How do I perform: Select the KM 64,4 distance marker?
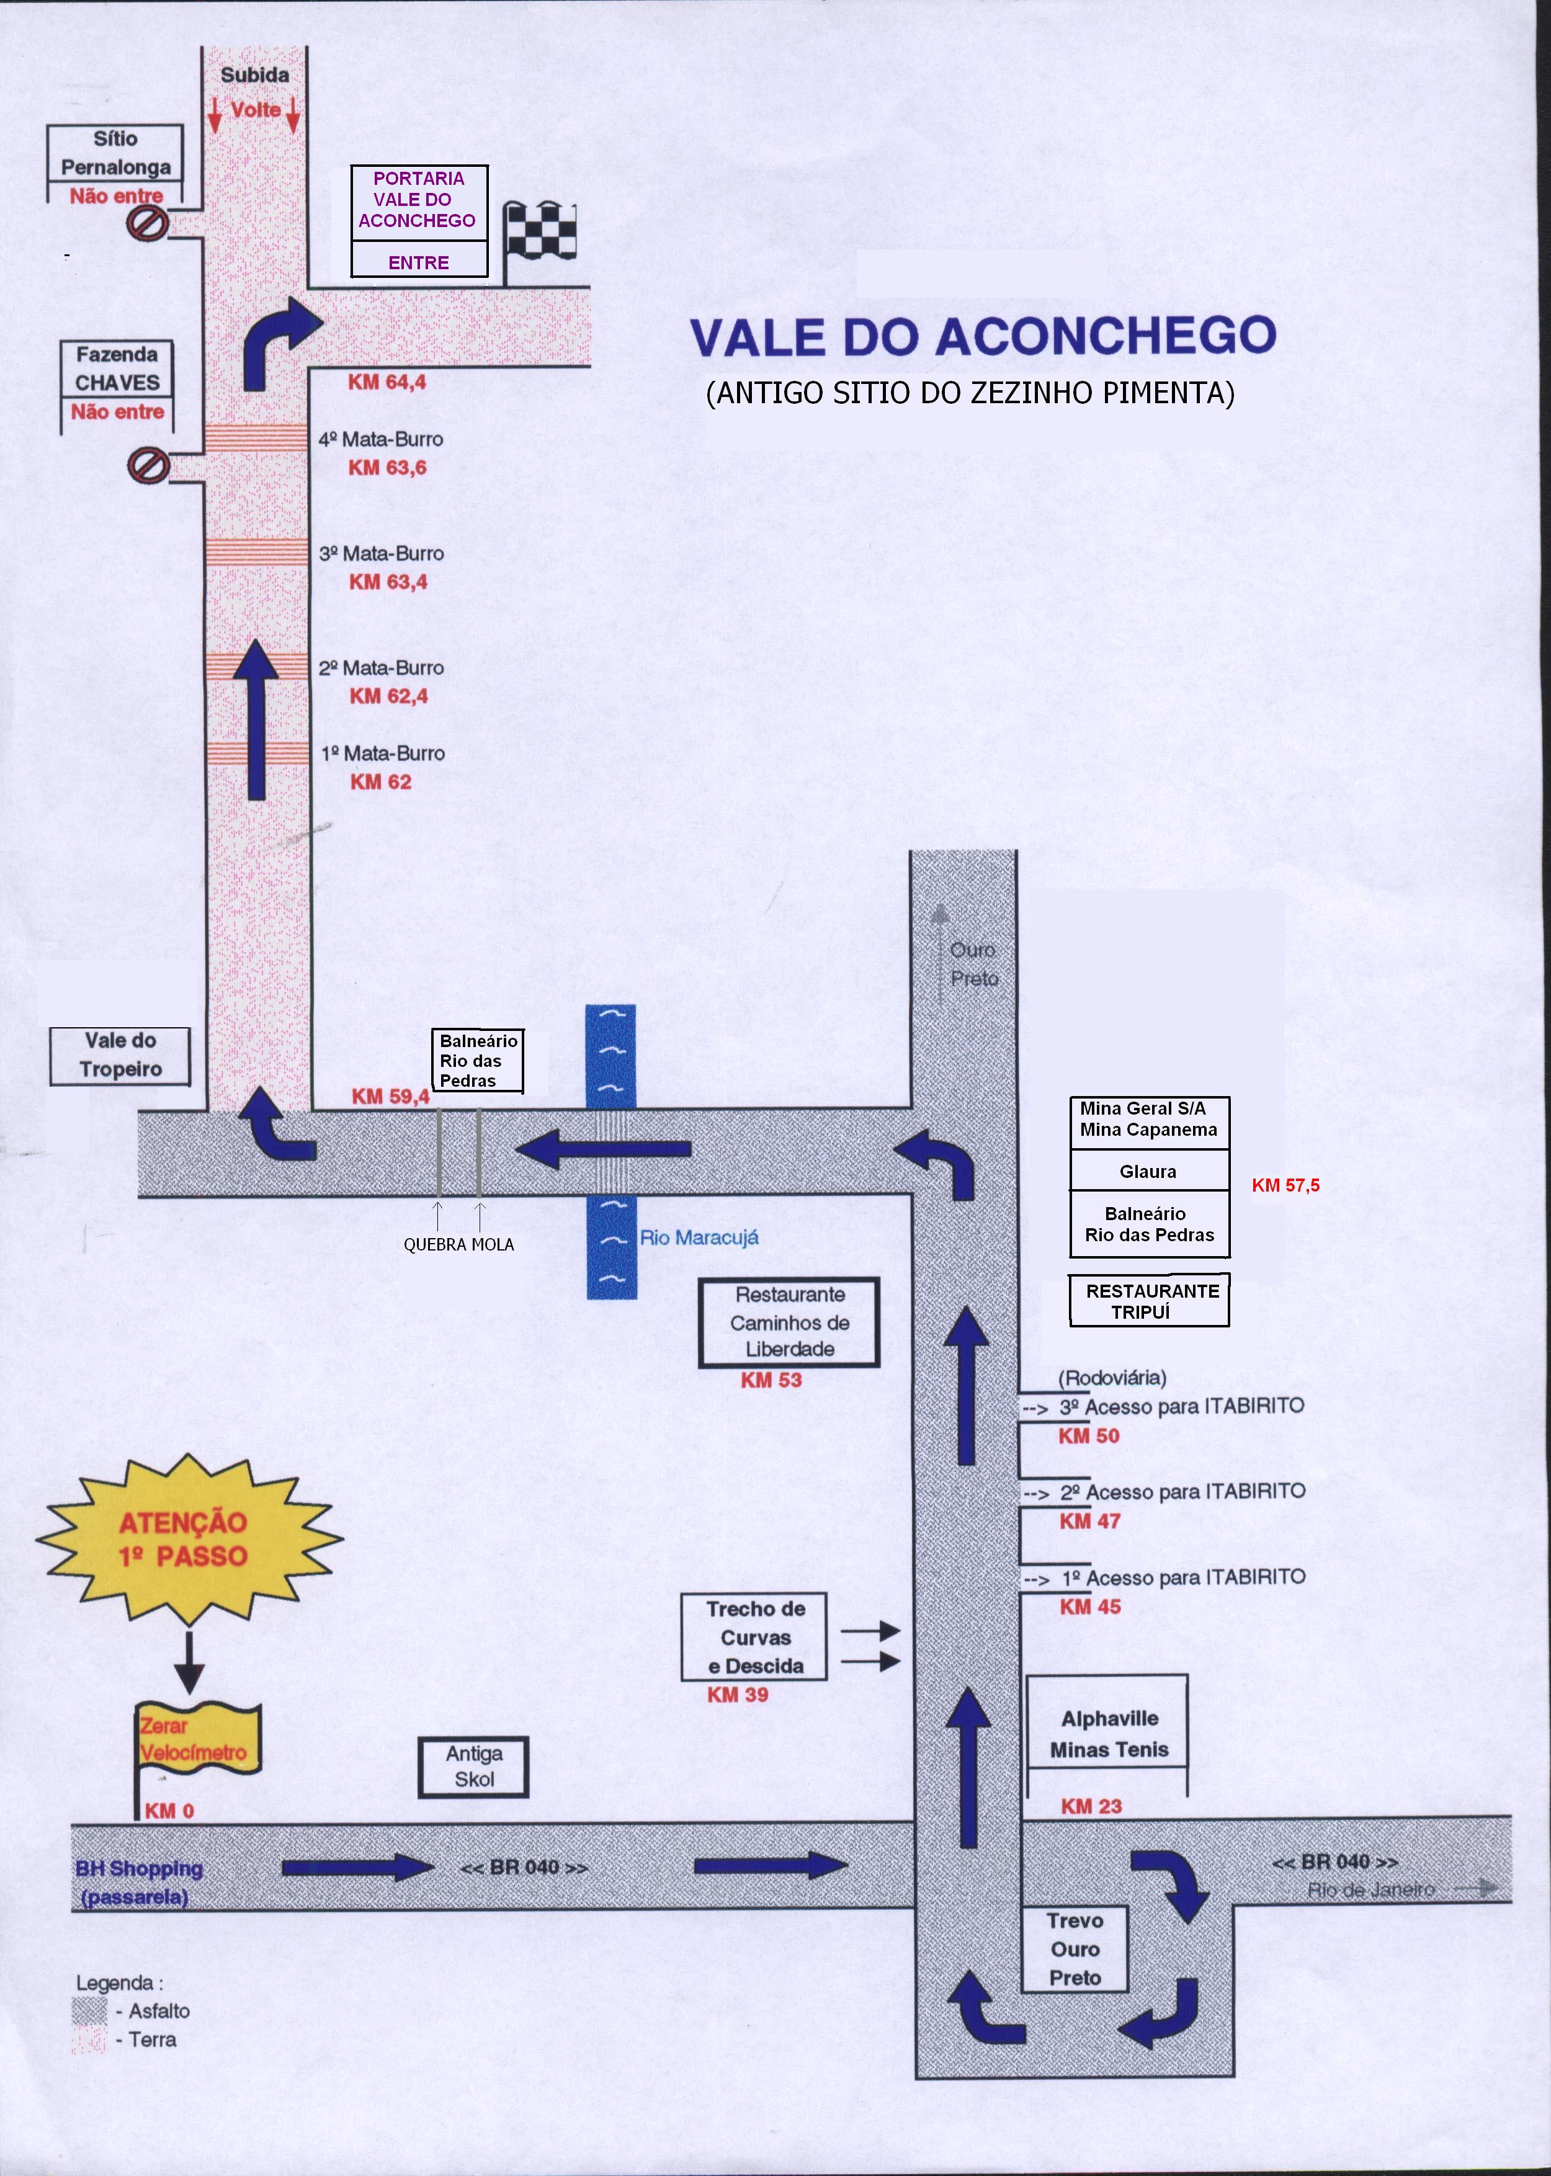pyautogui.click(x=386, y=382)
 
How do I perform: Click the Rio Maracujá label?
pyautogui.click(x=699, y=1237)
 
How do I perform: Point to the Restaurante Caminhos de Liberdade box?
pyautogui.click(x=789, y=1322)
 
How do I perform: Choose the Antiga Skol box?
pyautogui.click(x=474, y=1767)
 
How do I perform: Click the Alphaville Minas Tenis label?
pyautogui.click(x=1109, y=1734)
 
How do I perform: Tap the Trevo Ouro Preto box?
pyautogui.click(x=1075, y=1949)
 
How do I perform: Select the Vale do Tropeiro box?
pyautogui.click(x=120, y=1056)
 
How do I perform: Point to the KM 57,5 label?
pyautogui.click(x=1285, y=1185)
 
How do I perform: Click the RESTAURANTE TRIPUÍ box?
pyautogui.click(x=1149, y=1300)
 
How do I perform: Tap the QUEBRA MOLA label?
pyautogui.click(x=458, y=1244)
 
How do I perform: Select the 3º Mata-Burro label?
pyautogui.click(x=381, y=554)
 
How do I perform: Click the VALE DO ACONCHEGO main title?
pyautogui.click(x=983, y=336)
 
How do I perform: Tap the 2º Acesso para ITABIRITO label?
pyautogui.click(x=1182, y=1491)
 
